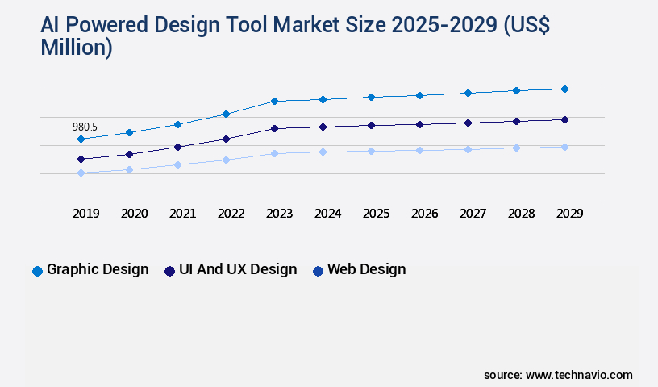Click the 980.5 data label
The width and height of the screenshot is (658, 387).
tap(85, 127)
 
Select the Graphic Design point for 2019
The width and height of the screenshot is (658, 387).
tap(81, 139)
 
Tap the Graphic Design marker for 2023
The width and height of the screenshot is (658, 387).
tap(274, 101)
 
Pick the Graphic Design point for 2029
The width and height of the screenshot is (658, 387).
tap(564, 89)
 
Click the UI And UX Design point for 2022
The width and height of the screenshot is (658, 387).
tap(226, 139)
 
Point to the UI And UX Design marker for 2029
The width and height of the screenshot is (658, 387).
tap(564, 119)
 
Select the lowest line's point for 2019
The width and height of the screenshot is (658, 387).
tap(81, 173)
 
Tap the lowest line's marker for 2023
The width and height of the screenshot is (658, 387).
tap(274, 153)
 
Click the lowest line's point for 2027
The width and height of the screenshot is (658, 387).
tap(468, 149)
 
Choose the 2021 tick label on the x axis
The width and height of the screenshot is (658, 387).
tap(182, 214)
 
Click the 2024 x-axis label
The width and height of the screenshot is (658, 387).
tap(327, 214)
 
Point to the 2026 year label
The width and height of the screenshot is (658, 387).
tap(424, 214)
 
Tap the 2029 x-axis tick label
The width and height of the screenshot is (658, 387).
tap(569, 214)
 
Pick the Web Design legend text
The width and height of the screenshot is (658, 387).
tap(366, 269)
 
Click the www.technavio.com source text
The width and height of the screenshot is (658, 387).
tap(579, 375)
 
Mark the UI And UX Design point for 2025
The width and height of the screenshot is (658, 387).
tap(371, 125)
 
